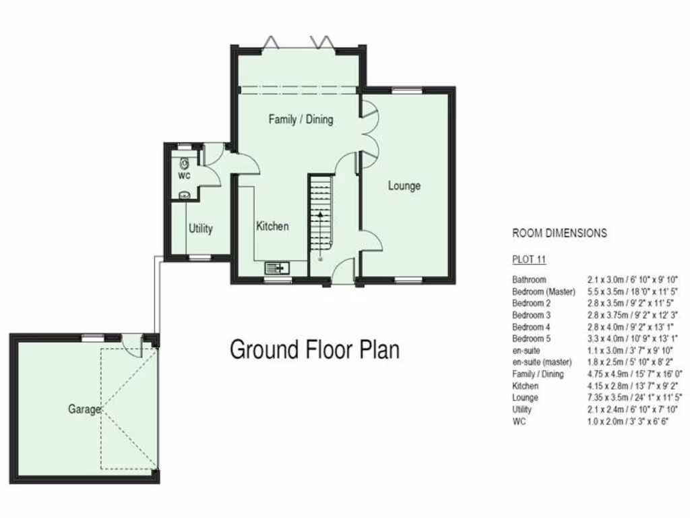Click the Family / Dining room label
(301, 119)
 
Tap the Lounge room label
(404, 185)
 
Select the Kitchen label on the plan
(272, 226)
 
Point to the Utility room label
(201, 229)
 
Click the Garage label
(84, 409)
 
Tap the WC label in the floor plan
(184, 176)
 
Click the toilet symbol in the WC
(185, 163)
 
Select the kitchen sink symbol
(277, 267)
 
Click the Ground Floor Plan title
(315, 349)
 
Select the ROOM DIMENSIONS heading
(559, 233)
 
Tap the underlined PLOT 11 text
(529, 260)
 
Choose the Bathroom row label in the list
(529, 279)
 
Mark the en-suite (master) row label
(542, 362)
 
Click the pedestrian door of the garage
(133, 345)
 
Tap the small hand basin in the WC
(184, 195)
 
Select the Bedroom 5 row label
(532, 339)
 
